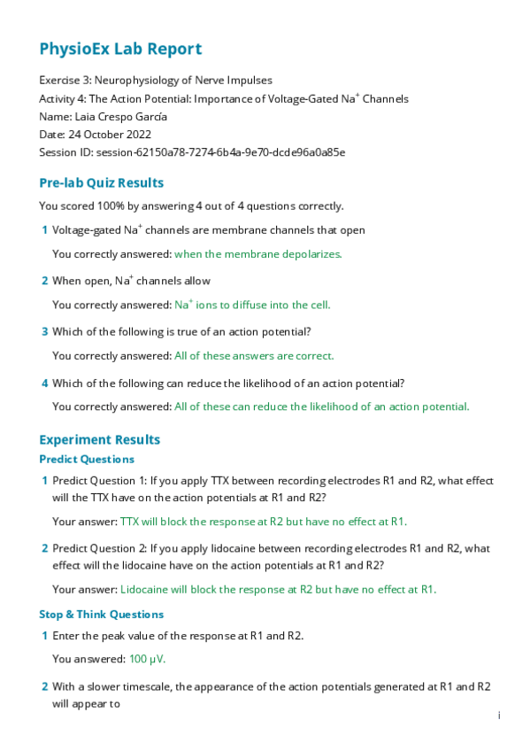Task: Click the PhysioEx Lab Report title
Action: [x=120, y=50]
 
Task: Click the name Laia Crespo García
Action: [x=133, y=117]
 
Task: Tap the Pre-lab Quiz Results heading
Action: [x=101, y=183]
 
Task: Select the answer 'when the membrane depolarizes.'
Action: [x=257, y=253]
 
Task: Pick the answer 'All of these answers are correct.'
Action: [x=254, y=356]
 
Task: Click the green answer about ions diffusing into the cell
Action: [x=252, y=305]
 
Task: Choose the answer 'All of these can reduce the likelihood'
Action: [x=321, y=407]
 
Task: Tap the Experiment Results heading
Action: [x=99, y=440]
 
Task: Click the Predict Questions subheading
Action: [x=87, y=460]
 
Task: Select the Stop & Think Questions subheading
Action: [x=101, y=615]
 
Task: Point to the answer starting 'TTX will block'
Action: [x=263, y=522]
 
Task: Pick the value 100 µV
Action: [x=147, y=659]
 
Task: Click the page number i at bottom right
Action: [x=499, y=716]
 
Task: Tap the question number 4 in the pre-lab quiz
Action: [x=45, y=384]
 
